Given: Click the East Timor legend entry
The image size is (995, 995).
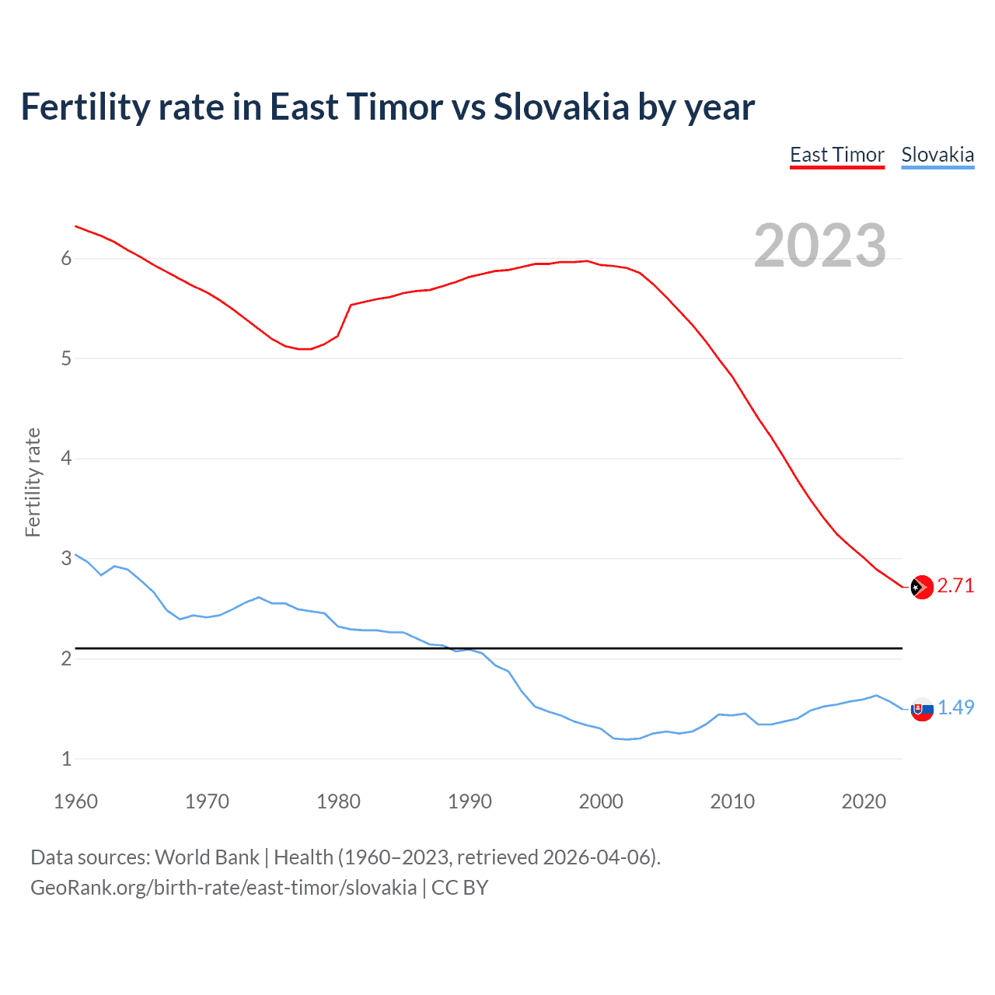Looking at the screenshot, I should tap(837, 155).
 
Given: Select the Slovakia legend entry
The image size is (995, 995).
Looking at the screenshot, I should tap(937, 155).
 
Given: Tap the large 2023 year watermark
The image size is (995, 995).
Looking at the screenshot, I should tap(820, 246).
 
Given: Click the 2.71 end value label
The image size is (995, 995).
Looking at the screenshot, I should tap(955, 585).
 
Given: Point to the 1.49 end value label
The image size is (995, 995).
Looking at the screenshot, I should tap(955, 707).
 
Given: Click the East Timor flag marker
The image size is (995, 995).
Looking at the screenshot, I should tap(922, 587).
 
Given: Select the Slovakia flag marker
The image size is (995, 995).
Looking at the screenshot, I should tap(922, 709).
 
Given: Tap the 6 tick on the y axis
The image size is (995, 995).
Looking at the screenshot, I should tap(66, 258).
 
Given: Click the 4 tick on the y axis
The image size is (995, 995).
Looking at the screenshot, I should tap(66, 458).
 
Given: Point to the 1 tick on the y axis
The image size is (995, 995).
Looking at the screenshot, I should tap(66, 759).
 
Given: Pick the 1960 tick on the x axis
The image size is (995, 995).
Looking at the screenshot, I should tap(75, 801).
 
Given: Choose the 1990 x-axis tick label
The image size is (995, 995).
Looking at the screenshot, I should tap(470, 801).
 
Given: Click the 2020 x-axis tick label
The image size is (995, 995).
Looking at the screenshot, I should tap(864, 801).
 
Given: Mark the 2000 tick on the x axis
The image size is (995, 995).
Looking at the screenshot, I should tap(601, 801).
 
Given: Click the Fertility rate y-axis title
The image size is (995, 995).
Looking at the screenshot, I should tap(33, 482).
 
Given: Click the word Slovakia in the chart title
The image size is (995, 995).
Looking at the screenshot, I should tap(561, 106).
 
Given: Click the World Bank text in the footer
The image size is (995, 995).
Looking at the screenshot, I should tap(207, 857).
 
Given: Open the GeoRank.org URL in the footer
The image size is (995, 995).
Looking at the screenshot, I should tap(223, 888).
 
